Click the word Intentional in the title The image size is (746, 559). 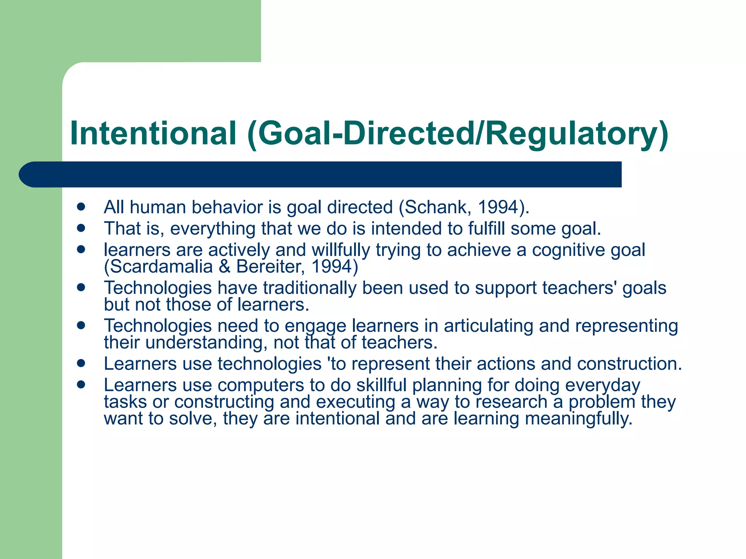[153, 133]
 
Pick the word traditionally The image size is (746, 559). [310, 288]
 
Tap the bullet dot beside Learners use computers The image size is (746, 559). [81, 384]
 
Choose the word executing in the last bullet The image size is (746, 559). [356, 402]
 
